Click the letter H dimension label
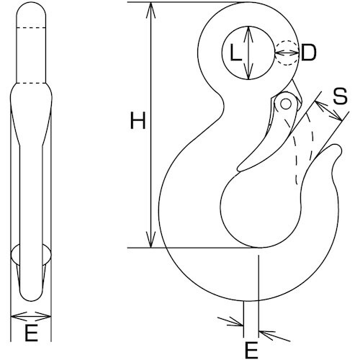(x=137, y=121)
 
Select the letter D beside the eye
(x=308, y=53)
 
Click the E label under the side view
(x=31, y=333)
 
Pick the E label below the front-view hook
(x=251, y=351)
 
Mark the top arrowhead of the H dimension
(x=151, y=9)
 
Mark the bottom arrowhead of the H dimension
(x=151, y=242)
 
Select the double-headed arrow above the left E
(x=32, y=315)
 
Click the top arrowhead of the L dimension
(x=248, y=31)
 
